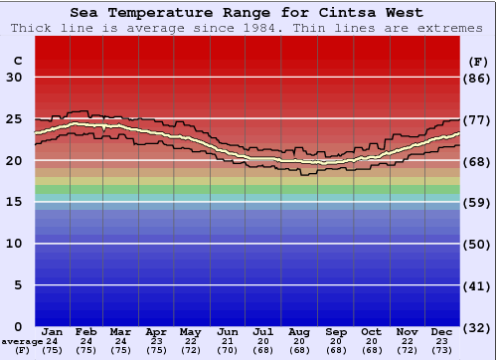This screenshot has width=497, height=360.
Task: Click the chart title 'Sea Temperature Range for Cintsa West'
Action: point(247,13)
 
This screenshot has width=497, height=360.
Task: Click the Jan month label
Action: point(53,331)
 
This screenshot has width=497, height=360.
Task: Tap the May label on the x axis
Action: point(191,331)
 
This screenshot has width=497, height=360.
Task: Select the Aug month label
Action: point(301,331)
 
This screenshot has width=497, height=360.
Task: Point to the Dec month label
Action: point(442,331)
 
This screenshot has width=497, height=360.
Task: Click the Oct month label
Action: point(372,331)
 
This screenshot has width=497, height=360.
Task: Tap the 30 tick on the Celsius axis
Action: point(15,78)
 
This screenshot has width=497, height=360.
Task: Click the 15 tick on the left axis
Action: point(15,202)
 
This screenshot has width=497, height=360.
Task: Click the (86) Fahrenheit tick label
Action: point(478,78)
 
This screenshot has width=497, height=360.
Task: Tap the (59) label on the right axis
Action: point(478,202)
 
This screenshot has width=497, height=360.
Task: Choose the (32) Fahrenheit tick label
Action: point(478,327)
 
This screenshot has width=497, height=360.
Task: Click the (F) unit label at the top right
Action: point(477,61)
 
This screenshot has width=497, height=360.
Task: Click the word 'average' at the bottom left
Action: point(22,341)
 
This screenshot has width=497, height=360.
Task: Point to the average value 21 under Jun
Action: point(227,341)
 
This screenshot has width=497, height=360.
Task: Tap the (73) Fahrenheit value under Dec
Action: point(442,350)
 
